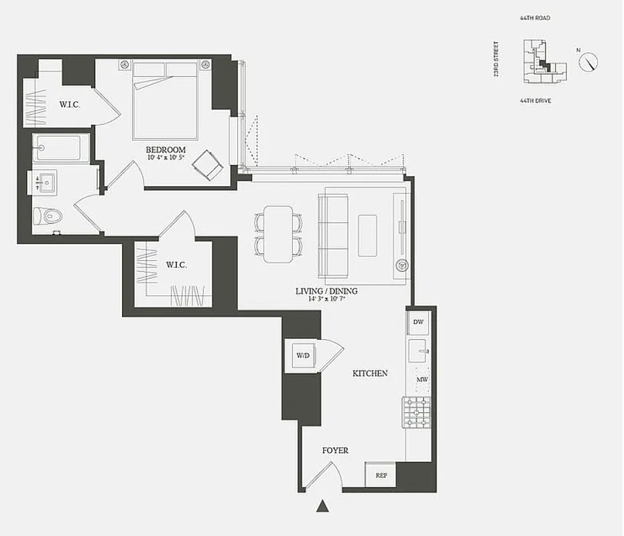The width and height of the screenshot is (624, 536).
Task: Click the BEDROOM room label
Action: click(x=166, y=149)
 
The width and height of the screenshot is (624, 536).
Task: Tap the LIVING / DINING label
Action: click(x=326, y=291)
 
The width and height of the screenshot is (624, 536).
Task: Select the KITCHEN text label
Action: click(x=370, y=373)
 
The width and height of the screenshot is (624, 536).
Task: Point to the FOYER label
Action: click(x=335, y=451)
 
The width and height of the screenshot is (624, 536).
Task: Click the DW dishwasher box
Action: click(x=419, y=322)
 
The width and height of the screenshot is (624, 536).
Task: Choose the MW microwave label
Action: click(x=422, y=379)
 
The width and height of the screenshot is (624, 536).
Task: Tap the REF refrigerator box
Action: click(x=381, y=475)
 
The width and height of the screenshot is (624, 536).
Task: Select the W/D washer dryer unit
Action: click(x=303, y=355)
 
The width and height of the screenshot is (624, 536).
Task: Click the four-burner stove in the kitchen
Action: click(x=416, y=411)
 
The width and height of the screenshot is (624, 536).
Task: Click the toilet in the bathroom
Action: click(x=48, y=216)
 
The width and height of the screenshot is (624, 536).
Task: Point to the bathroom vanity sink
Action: click(x=46, y=182)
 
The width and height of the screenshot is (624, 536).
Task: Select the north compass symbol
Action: click(x=588, y=62)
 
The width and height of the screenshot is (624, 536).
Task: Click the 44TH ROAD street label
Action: click(x=534, y=18)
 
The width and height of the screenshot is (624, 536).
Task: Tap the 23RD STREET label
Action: click(x=497, y=59)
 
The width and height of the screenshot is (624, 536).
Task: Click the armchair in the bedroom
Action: click(x=208, y=165)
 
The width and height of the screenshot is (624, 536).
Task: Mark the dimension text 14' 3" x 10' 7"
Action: click(x=326, y=299)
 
